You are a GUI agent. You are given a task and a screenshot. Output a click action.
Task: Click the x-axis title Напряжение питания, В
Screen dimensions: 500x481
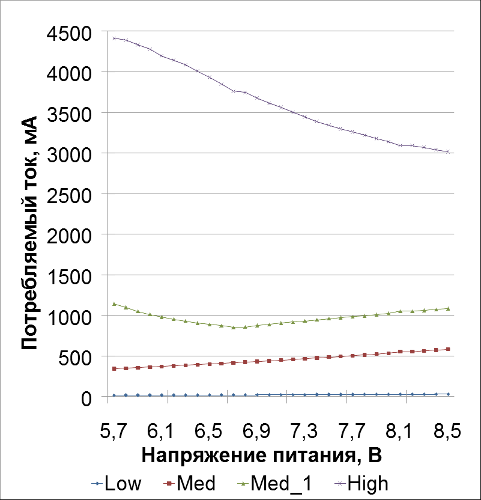click(x=262, y=456)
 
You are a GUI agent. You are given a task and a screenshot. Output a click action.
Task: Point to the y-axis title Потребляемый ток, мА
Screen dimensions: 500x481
click(x=29, y=231)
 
